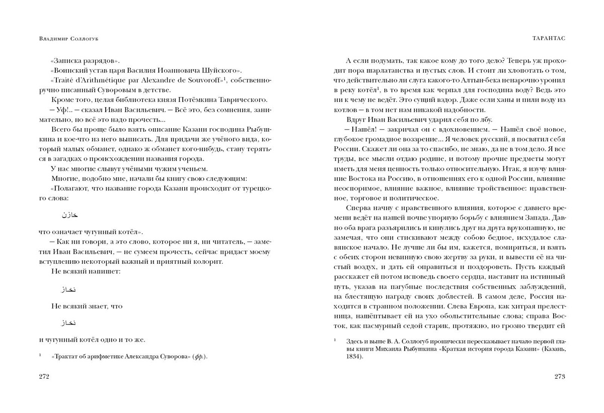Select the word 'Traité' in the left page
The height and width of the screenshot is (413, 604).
click(x=62, y=80)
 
